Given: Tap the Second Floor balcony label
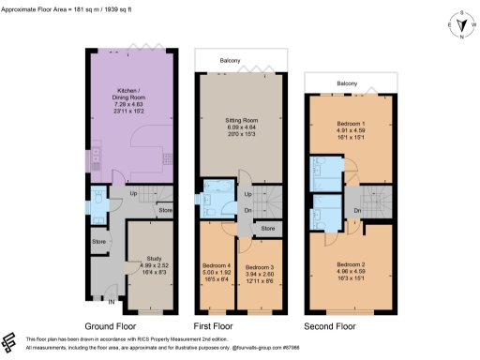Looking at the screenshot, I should coord(348,84).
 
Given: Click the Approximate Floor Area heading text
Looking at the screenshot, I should coord(71,7).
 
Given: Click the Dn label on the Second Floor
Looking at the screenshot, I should coord(358,211).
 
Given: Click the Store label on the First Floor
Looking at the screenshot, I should coord(267,228).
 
